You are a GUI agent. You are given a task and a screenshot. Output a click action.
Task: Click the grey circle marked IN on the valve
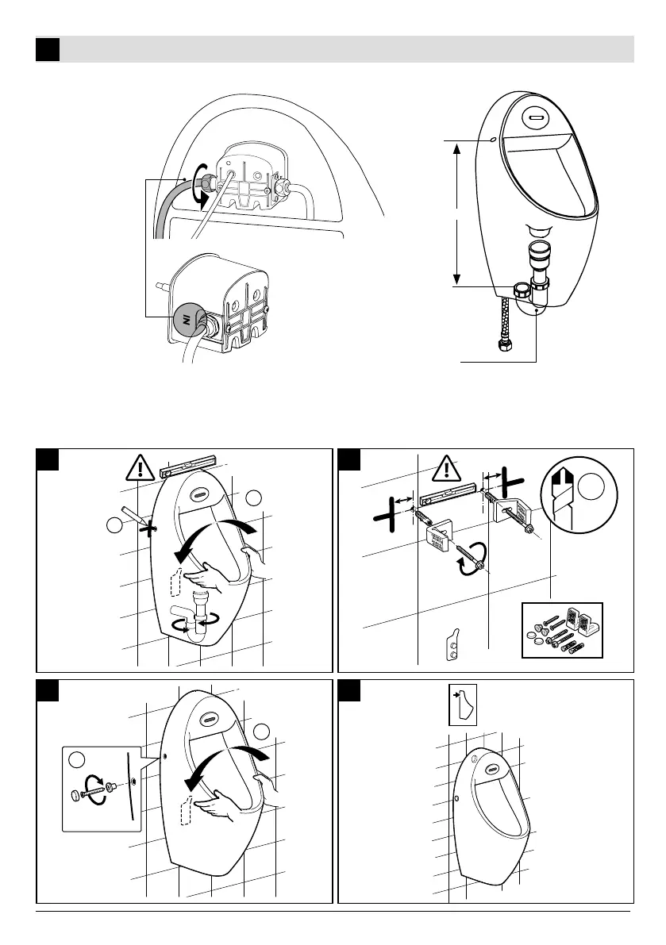[x=188, y=320]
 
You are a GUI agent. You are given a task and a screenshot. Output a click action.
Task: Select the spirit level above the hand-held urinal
[x=190, y=463]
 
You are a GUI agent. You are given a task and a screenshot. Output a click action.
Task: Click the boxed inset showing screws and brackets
[x=561, y=630]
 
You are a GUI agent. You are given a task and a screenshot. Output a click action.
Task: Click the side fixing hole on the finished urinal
[x=457, y=797]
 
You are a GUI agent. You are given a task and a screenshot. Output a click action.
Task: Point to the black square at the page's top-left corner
[x=48, y=49]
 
